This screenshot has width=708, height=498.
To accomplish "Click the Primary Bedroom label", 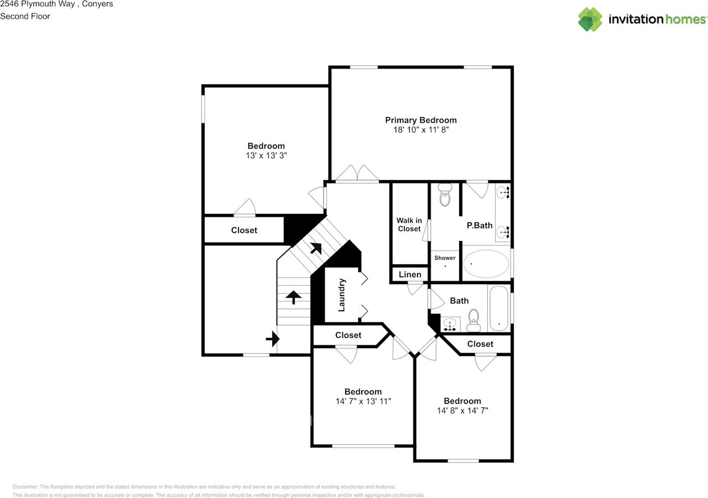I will [420, 120].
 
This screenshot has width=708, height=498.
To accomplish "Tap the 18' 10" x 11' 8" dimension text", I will [420, 130].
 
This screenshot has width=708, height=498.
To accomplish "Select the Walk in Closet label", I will [409, 224].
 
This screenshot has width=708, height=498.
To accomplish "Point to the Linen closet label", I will [410, 274].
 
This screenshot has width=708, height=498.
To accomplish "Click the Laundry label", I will [341, 295].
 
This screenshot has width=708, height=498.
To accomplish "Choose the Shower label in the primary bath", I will [445, 258].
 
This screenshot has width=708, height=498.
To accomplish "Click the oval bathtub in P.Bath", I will [486, 264].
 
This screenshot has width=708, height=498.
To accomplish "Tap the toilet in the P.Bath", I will [445, 195].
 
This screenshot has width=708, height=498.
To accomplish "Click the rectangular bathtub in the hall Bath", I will [499, 308].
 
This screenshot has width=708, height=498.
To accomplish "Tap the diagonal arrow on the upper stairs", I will [316, 248].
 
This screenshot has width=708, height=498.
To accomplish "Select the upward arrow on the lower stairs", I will [293, 297].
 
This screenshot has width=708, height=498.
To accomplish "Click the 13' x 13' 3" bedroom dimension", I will [266, 156].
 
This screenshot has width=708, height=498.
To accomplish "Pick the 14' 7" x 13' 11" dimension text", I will [363, 401].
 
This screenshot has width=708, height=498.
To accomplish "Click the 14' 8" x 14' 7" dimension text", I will [462, 411].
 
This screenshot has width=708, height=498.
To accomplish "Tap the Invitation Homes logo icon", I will [590, 19].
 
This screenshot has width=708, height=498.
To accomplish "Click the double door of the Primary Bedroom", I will [357, 174].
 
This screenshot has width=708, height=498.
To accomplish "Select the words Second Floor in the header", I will [25, 16].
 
